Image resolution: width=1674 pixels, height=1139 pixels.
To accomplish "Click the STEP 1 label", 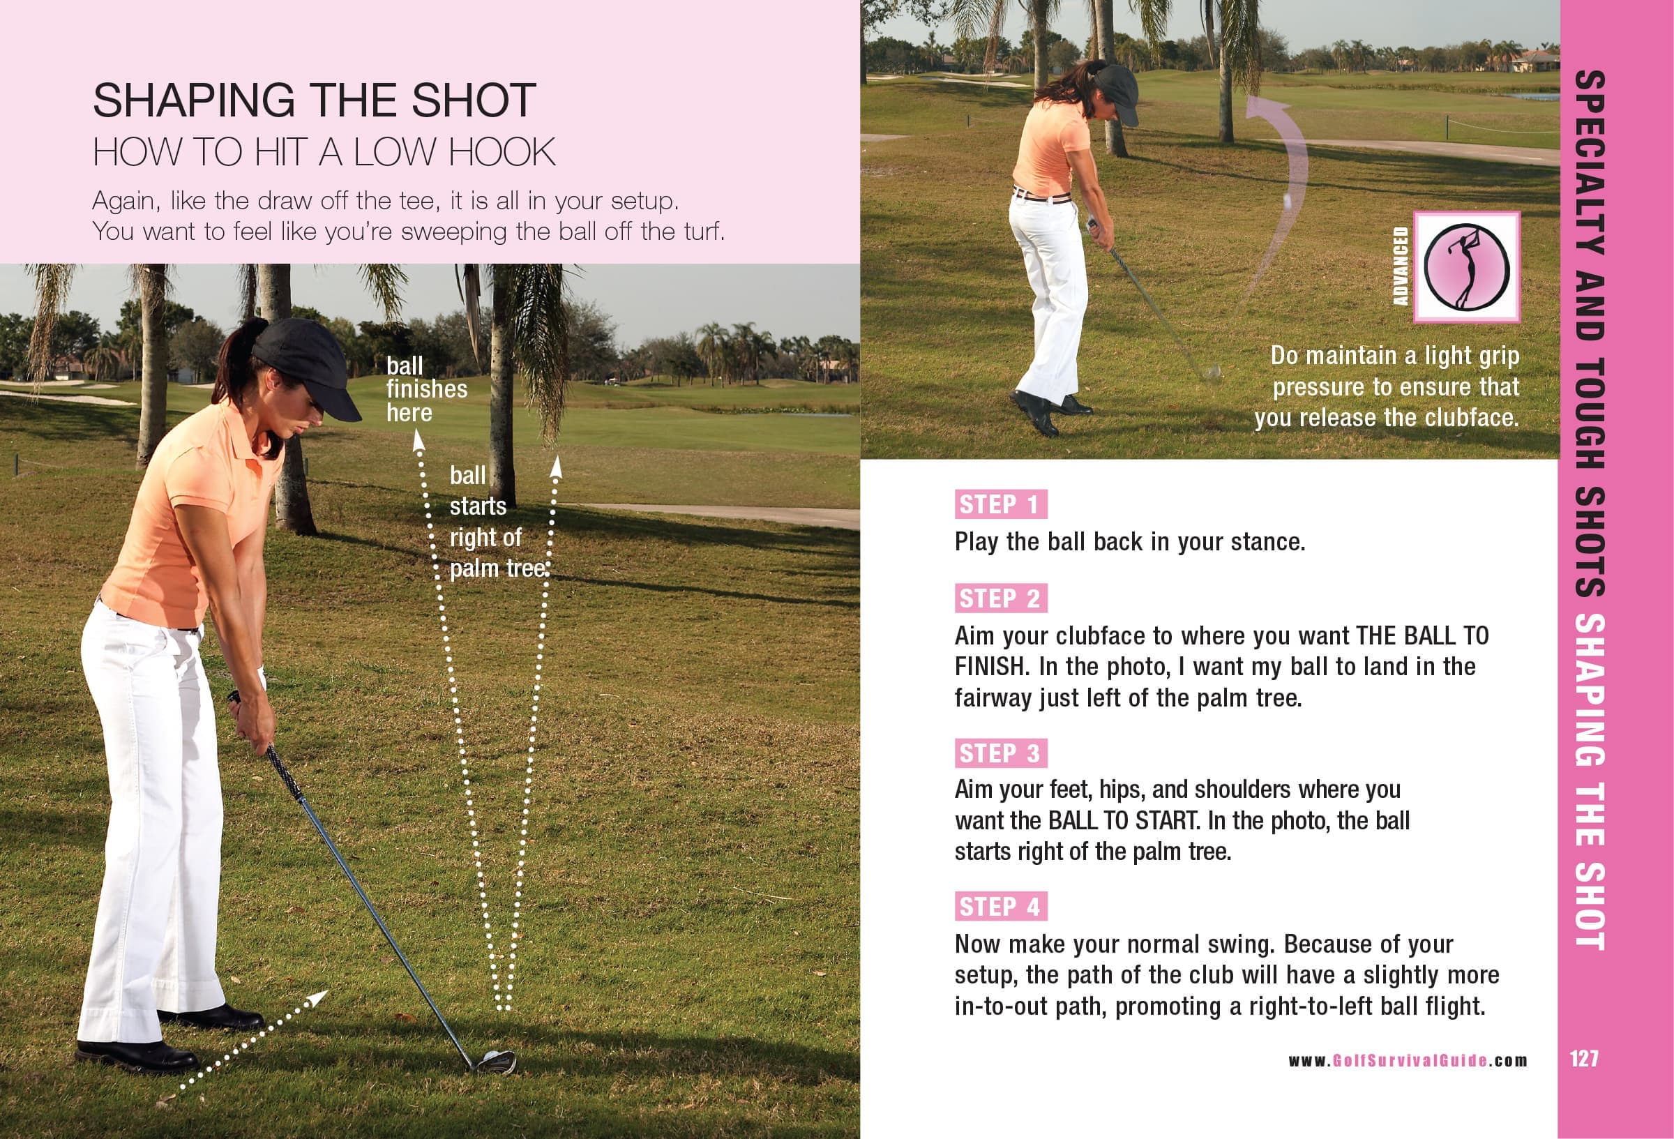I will tap(1000, 504).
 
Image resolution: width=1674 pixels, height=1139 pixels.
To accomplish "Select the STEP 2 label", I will tap(1000, 598).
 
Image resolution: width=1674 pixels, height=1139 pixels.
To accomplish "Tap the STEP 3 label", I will tap(1000, 753).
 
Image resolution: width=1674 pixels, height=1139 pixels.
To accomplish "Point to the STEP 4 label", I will tap(1000, 906).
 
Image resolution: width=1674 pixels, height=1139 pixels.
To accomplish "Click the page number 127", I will tap(1584, 1058).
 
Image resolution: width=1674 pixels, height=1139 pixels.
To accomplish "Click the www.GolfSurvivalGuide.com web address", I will tap(1408, 1060).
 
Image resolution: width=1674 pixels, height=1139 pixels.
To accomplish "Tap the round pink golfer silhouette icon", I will tap(1467, 266).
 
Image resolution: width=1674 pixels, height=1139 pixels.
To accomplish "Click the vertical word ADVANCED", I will tap(1401, 266).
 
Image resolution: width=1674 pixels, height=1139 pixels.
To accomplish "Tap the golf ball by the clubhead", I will tap(492, 1057).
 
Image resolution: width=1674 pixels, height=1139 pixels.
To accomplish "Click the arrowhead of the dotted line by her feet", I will tap(318, 997).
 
